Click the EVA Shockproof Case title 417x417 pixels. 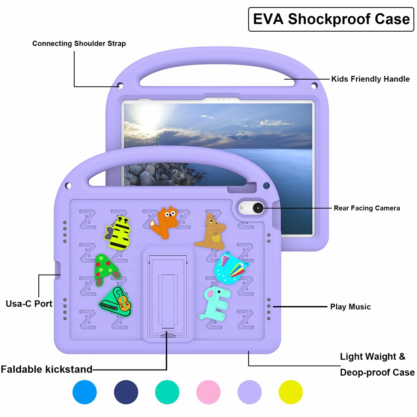[x=331, y=19]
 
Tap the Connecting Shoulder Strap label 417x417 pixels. [x=79, y=43]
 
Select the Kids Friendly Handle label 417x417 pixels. [x=370, y=79]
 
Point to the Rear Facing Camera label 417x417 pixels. [x=367, y=208]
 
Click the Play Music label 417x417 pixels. [x=350, y=307]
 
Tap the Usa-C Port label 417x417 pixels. [x=29, y=304]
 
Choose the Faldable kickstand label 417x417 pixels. [x=46, y=369]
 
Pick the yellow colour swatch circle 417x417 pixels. [x=291, y=392]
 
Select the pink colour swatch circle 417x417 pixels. [x=208, y=392]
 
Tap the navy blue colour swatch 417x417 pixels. [x=126, y=392]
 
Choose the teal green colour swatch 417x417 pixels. [x=167, y=392]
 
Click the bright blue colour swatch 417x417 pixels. [x=85, y=392]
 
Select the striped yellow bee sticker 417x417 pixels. [x=116, y=234]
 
